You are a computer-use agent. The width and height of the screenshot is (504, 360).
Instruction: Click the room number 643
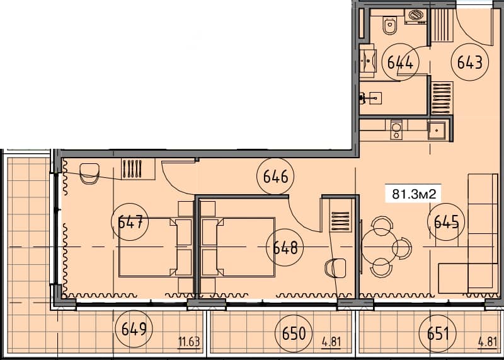click(469, 62)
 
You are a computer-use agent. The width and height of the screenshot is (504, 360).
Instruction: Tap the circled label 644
click(401, 62)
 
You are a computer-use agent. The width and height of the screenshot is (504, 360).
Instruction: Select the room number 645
click(445, 221)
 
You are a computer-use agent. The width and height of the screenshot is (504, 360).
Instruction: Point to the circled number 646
click(275, 177)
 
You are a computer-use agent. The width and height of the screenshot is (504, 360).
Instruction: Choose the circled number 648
click(285, 246)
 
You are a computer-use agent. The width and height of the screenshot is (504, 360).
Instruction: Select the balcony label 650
click(294, 332)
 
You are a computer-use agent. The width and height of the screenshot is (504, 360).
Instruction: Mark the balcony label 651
click(438, 332)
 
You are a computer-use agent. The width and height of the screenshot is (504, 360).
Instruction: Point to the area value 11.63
click(189, 342)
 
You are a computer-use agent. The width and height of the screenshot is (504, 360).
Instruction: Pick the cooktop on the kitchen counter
click(396, 130)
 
